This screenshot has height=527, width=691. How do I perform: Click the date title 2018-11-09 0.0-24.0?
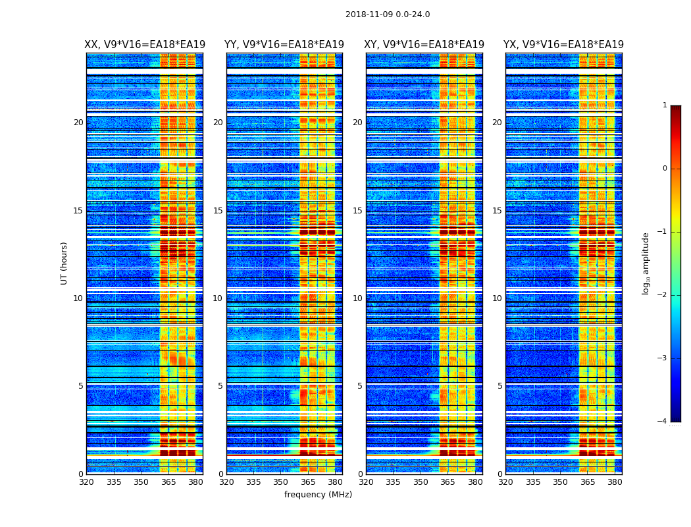388,14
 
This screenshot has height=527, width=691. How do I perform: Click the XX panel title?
145,45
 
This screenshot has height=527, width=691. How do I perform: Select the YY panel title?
284,45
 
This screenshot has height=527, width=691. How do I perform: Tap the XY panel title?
424,45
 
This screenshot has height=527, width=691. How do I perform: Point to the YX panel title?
563,45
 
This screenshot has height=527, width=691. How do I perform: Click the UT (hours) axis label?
64,263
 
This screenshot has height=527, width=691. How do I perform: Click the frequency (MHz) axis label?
318,495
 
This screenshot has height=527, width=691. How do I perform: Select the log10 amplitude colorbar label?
646,263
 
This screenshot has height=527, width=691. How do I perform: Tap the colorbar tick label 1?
665,105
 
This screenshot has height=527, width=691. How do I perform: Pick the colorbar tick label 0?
665,169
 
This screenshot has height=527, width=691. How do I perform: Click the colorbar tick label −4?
663,422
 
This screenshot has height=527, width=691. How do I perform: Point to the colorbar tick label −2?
663,295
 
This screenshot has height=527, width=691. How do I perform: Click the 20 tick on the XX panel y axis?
78,123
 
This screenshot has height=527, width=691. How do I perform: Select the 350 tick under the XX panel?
141,482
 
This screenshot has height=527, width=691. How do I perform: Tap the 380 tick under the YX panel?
615,482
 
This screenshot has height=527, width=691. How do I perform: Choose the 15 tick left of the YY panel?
218,211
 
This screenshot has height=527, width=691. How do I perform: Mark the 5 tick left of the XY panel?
360,386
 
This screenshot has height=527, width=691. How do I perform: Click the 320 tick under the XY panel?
366,482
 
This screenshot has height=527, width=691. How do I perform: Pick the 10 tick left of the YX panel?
497,298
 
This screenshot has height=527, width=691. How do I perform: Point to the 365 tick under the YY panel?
308,482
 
